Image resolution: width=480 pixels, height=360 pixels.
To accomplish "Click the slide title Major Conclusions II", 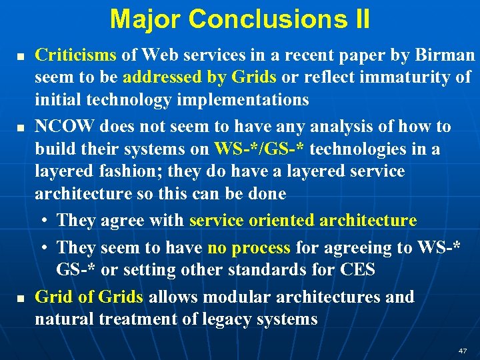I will [240, 19].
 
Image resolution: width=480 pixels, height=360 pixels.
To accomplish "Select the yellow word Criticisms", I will [75, 55].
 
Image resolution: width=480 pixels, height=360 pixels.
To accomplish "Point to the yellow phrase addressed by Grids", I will [199, 77].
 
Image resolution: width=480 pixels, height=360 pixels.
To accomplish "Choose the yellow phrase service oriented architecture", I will [303, 220].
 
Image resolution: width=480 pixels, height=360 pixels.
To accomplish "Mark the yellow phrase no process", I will [249, 248].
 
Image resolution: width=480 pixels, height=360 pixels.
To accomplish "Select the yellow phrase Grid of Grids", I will [89, 297].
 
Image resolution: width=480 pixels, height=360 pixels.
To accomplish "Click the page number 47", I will [463, 351].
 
